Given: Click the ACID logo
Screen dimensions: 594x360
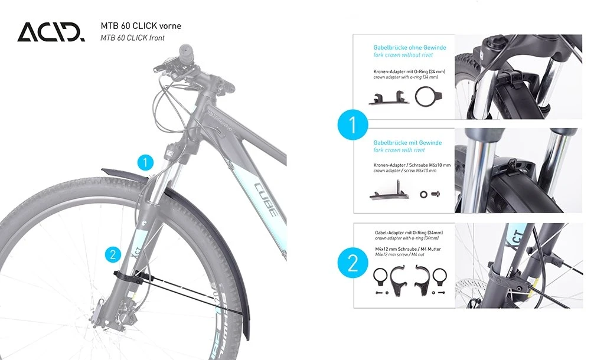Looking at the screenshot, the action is click(x=51, y=32).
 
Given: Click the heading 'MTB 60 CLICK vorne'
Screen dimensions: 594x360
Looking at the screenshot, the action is click(x=141, y=26).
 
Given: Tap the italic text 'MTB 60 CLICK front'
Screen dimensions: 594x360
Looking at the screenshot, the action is click(x=133, y=38).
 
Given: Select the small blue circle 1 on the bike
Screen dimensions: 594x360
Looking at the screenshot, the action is click(x=145, y=163).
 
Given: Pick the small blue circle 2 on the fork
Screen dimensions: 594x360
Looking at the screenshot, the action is click(x=113, y=254).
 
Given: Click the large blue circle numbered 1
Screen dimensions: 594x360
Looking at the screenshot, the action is click(x=353, y=125).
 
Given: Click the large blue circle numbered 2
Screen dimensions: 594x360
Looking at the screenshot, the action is click(x=353, y=263).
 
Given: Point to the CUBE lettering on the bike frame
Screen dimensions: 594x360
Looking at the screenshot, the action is click(x=266, y=199).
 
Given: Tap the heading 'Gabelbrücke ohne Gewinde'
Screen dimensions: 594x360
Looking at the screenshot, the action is click(x=410, y=48).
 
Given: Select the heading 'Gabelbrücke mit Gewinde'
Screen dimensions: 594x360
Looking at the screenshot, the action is click(x=407, y=143).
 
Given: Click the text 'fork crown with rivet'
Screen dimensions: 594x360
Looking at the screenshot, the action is click(x=399, y=150).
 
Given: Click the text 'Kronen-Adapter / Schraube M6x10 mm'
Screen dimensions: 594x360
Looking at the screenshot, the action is click(x=412, y=165).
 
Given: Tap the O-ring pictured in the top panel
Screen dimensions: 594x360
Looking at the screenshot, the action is click(x=426, y=97).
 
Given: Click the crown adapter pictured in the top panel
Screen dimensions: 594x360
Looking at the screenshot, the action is click(x=389, y=99).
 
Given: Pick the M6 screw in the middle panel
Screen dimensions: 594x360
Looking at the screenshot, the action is click(x=436, y=194).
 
